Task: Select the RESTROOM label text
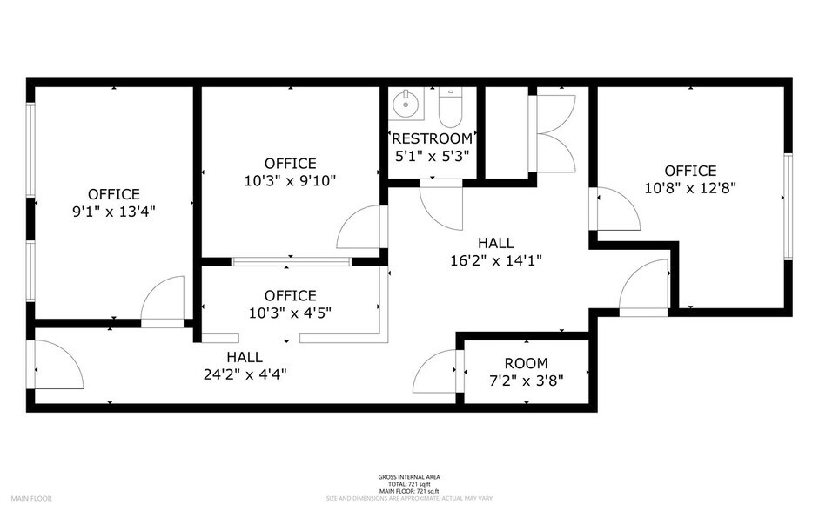[433, 138]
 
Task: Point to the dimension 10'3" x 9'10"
[291, 180]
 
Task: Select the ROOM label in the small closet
[526, 363]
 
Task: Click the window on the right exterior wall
[787, 206]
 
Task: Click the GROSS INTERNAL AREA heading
[408, 477]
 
